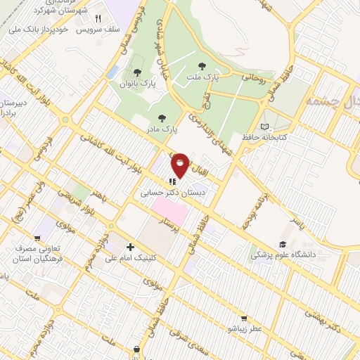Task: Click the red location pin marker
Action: [180, 165]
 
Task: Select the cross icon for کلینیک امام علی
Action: [129, 247]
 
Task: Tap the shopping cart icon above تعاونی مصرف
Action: [36, 238]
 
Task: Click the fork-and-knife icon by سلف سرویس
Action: [98, 19]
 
